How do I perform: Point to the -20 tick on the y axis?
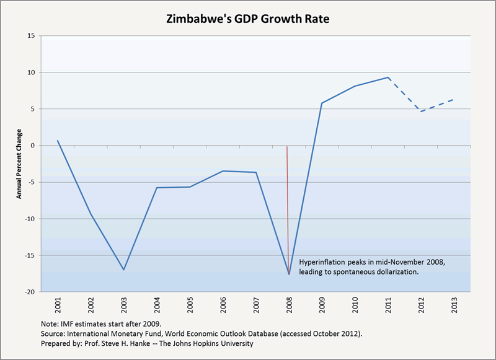pos(29,292)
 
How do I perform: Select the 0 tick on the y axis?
pos(33,146)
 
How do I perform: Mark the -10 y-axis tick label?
pos(29,219)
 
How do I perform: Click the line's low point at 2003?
pos(123,270)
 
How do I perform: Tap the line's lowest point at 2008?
pos(289,274)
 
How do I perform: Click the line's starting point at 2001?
pos(58,141)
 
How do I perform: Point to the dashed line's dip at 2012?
pos(421,112)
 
